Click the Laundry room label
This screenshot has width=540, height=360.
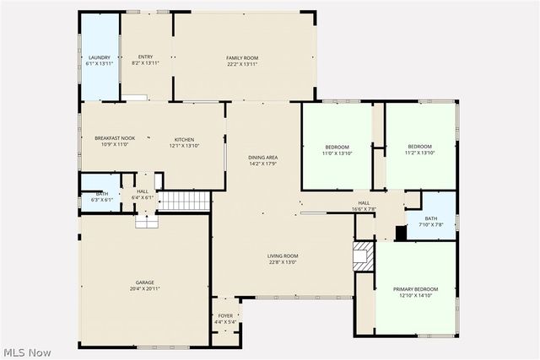100,60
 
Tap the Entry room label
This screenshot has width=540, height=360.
146,60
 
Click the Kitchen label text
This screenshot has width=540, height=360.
185,142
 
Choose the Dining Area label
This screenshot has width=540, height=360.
262,159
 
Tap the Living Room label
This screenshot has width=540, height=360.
283,259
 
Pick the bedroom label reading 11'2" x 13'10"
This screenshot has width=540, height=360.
419,149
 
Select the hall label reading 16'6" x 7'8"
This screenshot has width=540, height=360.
364,206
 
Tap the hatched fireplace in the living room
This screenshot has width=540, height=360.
363,256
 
